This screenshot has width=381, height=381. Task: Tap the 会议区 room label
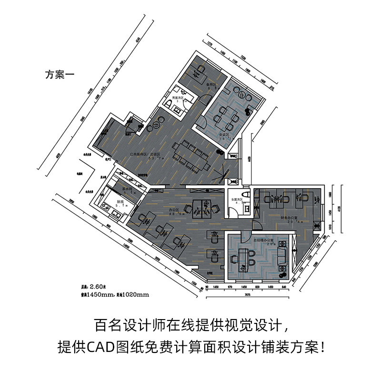(224, 135)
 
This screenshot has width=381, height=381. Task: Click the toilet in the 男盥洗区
(170, 102)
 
